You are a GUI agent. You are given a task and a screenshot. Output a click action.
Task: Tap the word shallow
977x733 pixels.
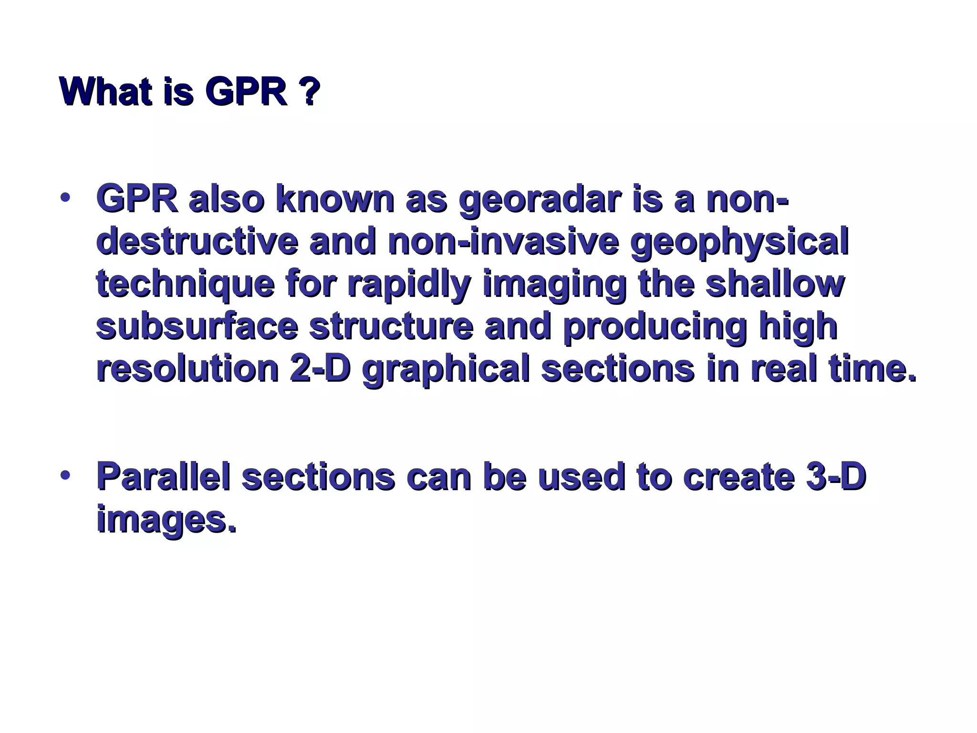coord(775,283)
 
